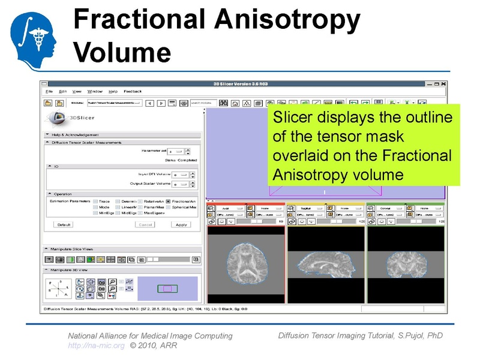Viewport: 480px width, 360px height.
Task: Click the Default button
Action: click(64, 224)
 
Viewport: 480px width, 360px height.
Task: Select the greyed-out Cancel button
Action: click(145, 224)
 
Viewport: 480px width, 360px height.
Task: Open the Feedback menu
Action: click(133, 91)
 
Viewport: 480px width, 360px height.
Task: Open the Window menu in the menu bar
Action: click(95, 91)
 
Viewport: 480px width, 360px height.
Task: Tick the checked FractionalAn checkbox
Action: click(169, 201)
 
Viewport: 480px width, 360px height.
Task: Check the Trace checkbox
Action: click(95, 201)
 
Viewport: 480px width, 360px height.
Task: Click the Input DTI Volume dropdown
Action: click(180, 174)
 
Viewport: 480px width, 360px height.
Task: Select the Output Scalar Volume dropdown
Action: click(180, 184)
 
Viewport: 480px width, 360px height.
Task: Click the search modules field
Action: click(203, 103)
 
